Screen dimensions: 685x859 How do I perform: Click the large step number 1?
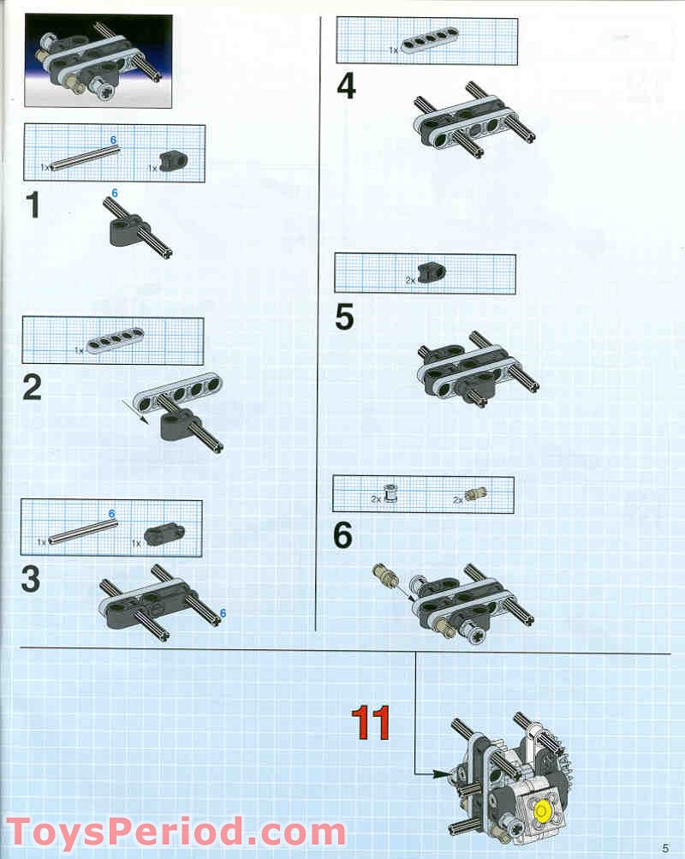tap(33, 206)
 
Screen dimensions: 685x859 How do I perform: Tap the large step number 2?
tap(33, 388)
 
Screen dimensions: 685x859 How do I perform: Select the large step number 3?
tap(31, 579)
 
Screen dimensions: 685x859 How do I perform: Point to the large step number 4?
tap(346, 86)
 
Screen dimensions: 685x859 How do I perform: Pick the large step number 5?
tap(344, 317)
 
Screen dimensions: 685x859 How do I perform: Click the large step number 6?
tap(342, 535)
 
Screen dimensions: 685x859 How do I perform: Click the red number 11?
tap(371, 722)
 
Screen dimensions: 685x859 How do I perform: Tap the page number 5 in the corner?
tap(665, 848)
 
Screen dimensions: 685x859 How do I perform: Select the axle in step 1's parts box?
tap(84, 158)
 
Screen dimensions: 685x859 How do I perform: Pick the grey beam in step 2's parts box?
tap(116, 340)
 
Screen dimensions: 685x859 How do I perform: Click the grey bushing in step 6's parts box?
tap(391, 493)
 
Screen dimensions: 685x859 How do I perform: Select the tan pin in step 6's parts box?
tap(476, 493)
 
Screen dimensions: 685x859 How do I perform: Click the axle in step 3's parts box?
tap(83, 532)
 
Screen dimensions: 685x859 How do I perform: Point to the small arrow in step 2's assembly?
tap(135, 411)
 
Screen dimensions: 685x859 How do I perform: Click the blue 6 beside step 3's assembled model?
tap(223, 613)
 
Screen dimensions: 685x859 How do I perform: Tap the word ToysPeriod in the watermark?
tap(125, 832)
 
